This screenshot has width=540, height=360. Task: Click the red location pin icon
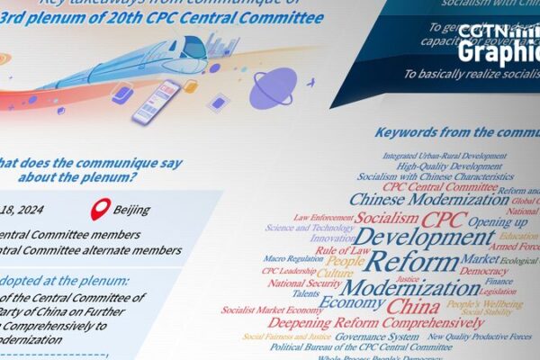(100, 209)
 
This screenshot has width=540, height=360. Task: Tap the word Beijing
(131, 211)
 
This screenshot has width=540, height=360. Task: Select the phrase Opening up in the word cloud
(497, 221)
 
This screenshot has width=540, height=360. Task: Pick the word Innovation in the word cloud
(333, 239)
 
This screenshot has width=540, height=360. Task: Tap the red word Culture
(335, 273)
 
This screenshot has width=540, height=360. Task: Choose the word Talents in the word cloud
(306, 293)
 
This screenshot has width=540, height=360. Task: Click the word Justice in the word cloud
(408, 278)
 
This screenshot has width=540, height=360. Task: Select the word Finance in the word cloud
(499, 281)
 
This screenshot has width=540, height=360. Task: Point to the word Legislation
(498, 292)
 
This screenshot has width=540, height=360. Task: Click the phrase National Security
(298, 283)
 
